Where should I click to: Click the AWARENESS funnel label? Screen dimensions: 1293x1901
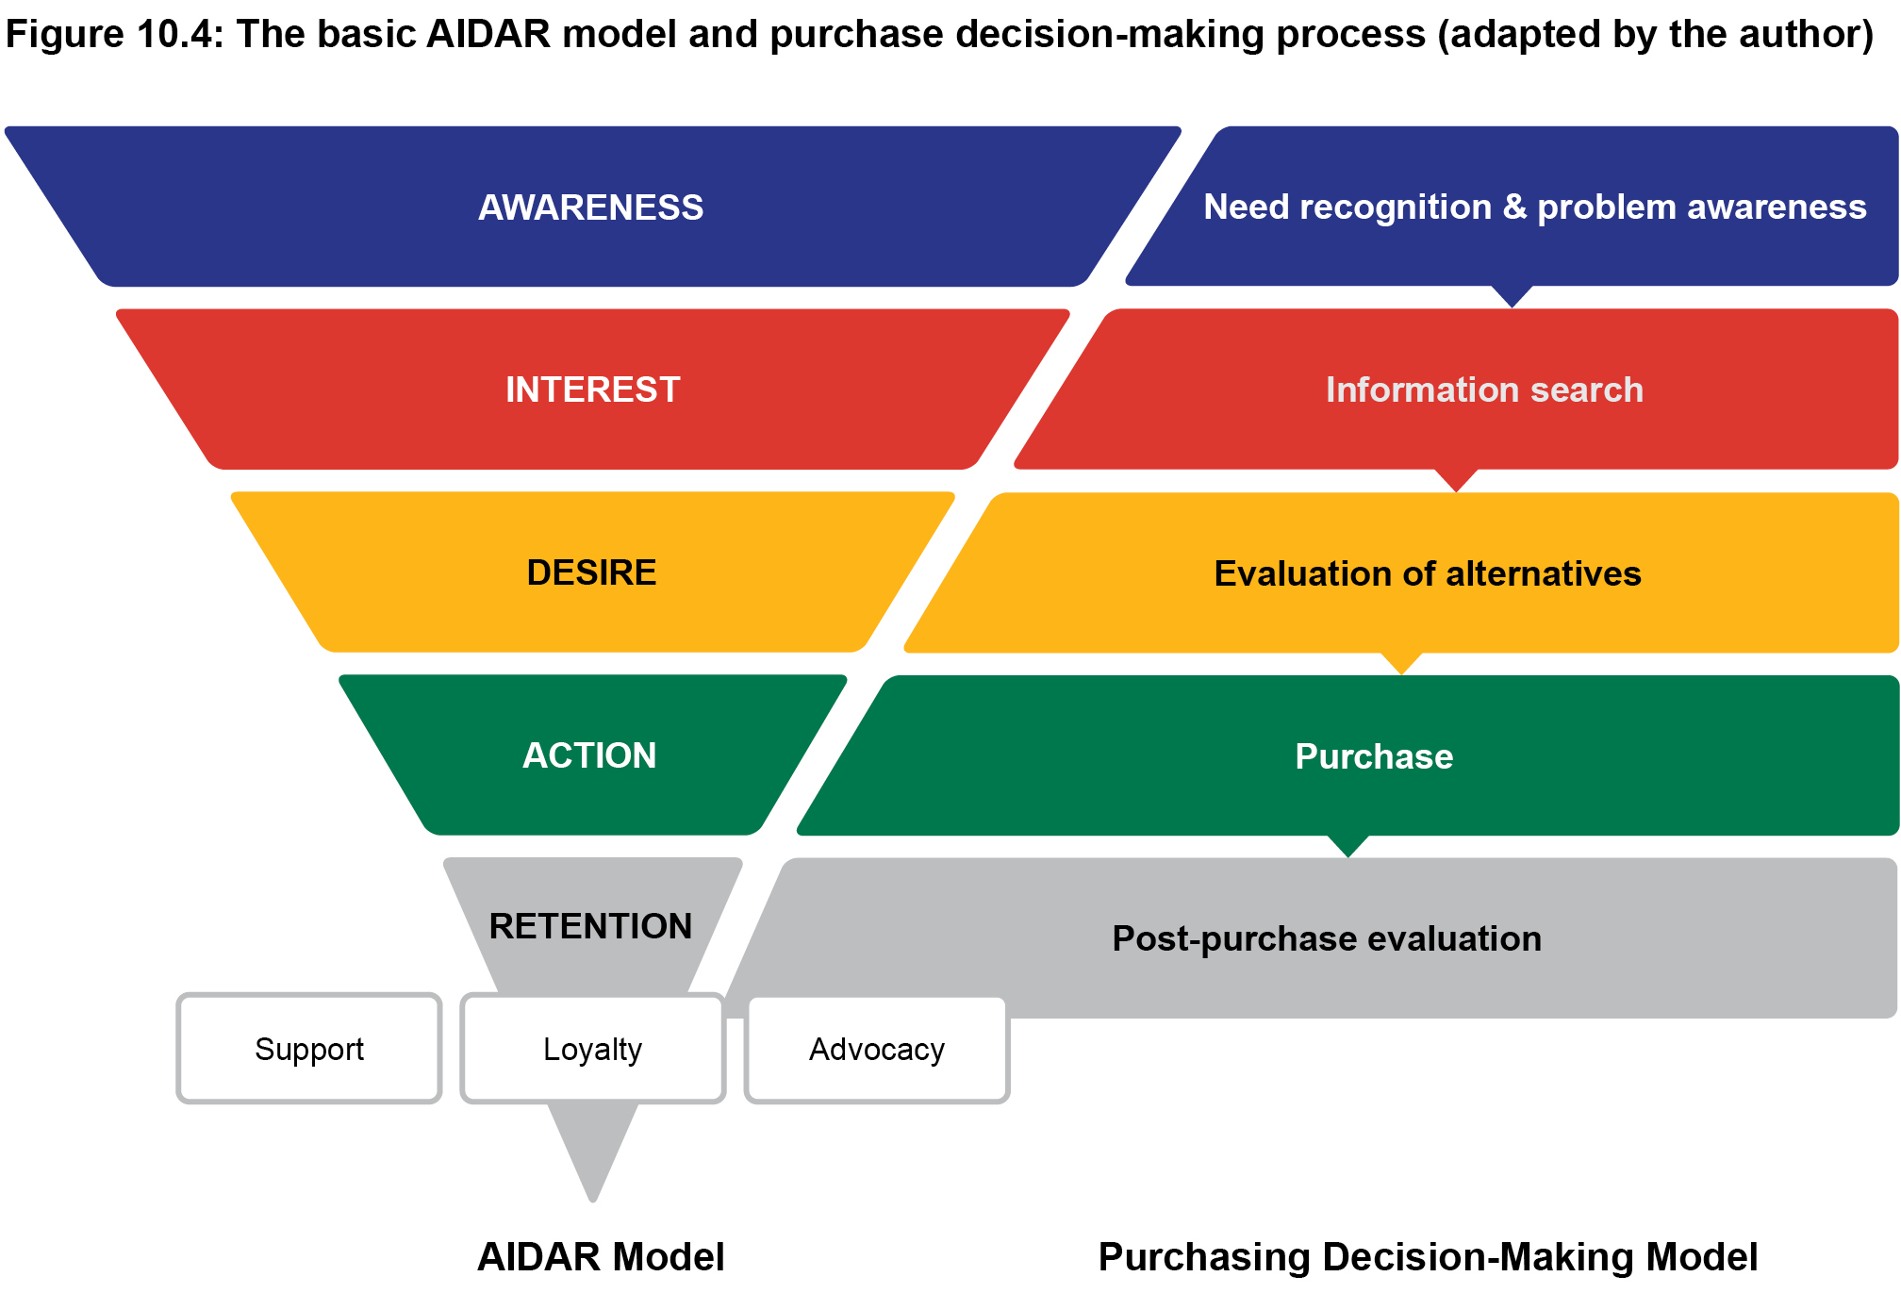point(591,207)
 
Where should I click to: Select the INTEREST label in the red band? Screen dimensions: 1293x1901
point(592,390)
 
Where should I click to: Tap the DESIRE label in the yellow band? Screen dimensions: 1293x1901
point(591,572)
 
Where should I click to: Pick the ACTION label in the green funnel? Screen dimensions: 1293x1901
point(589,755)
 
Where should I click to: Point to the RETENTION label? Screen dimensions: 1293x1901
point(590,926)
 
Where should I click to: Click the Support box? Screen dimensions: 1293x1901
point(309,1049)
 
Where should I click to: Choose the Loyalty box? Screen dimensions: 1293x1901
point(592,1049)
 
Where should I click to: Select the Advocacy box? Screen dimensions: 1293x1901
point(877,1049)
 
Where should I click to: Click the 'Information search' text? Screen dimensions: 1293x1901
point(1484,390)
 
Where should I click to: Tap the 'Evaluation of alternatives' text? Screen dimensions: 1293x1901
point(1428,573)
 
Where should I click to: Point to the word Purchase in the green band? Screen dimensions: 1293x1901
point(1374,756)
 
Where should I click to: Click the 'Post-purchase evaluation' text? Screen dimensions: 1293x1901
point(1327,938)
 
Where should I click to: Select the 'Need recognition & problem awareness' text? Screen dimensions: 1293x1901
point(1534,207)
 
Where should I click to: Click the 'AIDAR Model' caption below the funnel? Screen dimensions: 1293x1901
point(601,1257)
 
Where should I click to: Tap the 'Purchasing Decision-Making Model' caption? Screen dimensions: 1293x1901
point(1428,1257)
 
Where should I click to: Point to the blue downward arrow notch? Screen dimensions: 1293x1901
point(1513,295)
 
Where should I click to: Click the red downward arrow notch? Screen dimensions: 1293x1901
point(1457,479)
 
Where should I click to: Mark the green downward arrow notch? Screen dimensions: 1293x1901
point(1348,845)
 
